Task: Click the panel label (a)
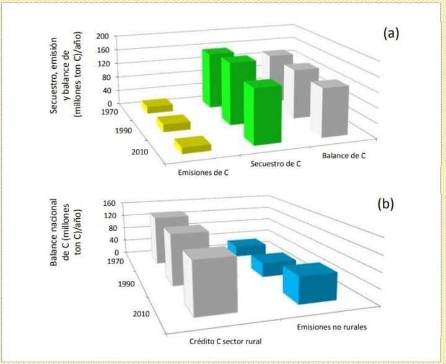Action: (x=390, y=33)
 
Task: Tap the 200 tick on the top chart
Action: (x=104, y=37)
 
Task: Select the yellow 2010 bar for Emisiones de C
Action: (x=193, y=145)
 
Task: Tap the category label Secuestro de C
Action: (x=276, y=164)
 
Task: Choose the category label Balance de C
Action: (x=344, y=156)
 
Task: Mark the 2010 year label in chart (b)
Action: (x=141, y=313)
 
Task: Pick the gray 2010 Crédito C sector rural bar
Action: (x=211, y=283)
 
